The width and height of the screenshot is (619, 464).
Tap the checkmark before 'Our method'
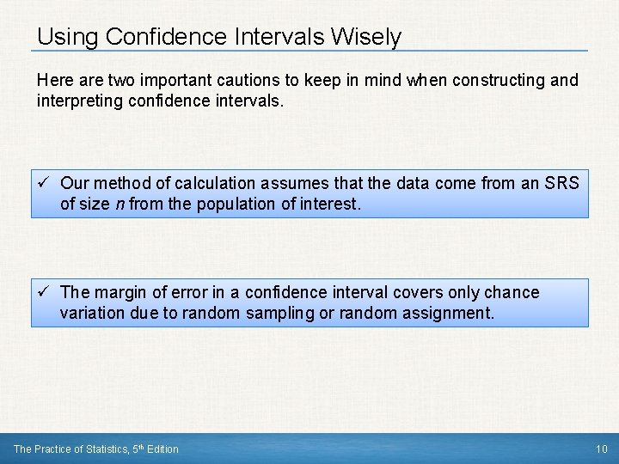[45, 183]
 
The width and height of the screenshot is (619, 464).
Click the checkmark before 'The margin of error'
[45, 292]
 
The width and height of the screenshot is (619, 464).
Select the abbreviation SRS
[561, 183]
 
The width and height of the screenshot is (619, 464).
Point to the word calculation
[208, 183]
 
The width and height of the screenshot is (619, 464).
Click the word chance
[513, 292]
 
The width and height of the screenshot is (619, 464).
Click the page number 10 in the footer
[600, 449]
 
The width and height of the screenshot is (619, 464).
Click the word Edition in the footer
[163, 449]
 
